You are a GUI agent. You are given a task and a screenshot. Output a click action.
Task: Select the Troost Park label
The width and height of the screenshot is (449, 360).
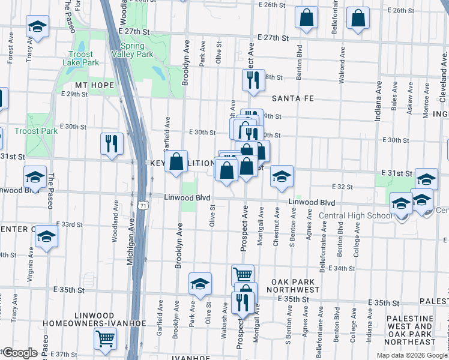coord(35,131)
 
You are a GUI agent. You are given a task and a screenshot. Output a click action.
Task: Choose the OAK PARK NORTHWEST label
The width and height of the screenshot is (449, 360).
coord(294,286)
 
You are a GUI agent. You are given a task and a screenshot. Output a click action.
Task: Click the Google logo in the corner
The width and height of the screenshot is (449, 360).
coord(20,352)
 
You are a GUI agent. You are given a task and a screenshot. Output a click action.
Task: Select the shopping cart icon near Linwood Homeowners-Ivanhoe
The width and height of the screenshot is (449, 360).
coord(106,339)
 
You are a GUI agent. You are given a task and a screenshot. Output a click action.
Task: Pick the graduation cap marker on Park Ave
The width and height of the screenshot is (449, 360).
coord(200,283)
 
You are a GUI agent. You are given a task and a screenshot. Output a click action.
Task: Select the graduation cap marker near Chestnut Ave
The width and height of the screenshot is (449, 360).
coord(281,176)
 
